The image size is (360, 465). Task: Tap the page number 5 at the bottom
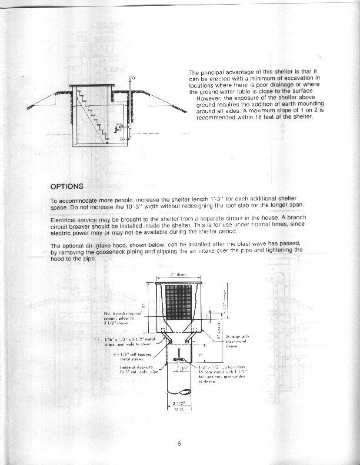[179, 443]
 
